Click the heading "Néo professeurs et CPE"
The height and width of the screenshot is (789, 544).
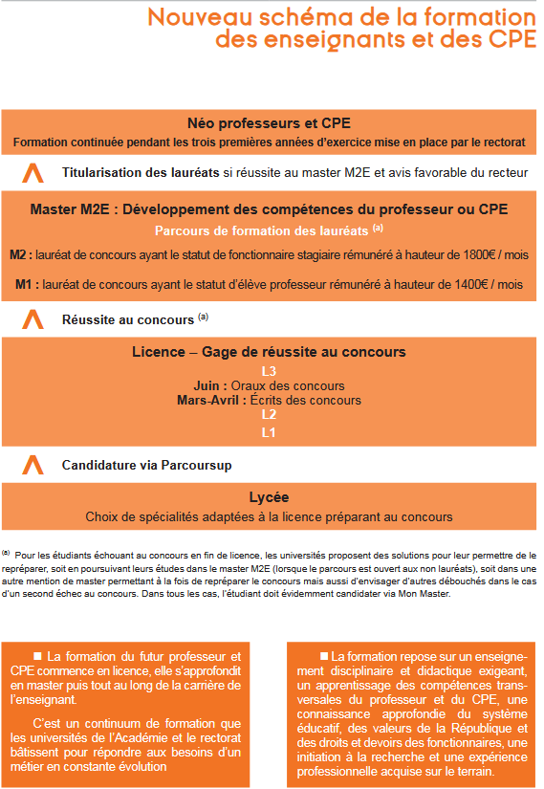coord(269,123)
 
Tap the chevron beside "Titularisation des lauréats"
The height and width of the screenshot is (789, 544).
coord(33,173)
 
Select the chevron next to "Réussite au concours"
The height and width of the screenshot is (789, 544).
coord(33,318)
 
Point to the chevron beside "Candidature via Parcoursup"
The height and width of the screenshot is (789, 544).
coord(33,465)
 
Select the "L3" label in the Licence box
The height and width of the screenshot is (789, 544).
coord(269,371)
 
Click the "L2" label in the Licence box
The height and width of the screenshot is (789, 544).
coord(269,415)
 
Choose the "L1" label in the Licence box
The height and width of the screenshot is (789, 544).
coord(269,432)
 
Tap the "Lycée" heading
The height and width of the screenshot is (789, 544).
coord(269,497)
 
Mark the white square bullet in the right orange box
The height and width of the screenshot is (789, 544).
coord(324,628)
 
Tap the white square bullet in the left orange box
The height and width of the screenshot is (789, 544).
coord(38,628)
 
